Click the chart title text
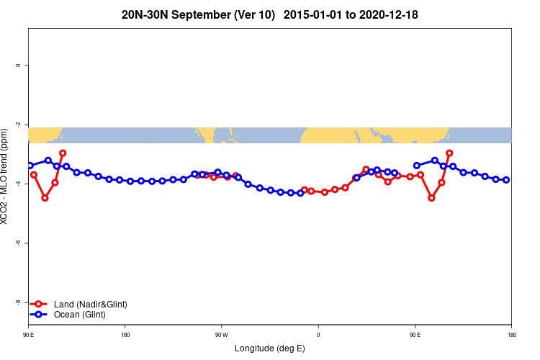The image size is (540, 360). coord(270,14)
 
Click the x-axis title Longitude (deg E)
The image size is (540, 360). coord(270,348)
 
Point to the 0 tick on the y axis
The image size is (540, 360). coord(18,66)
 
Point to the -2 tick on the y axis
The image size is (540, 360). coord(18,125)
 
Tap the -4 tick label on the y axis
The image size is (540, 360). coord(18,184)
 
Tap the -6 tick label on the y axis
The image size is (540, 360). coord(18,243)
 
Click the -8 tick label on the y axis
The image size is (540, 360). coord(18,302)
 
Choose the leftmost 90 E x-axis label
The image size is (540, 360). coord(29,335)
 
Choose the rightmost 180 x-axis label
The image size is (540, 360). coord(510,335)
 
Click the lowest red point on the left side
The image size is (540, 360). coord(45,197)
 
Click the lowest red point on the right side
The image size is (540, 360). coord(431,197)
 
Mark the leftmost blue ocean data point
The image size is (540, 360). coord(30,166)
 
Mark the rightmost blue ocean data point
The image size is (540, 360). coord(506,180)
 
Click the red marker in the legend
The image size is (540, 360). coord(41,305)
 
